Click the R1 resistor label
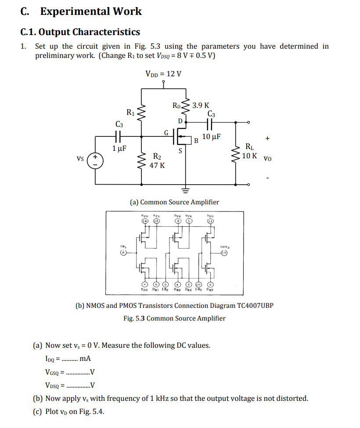pos(131,112)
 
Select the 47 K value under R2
pos(157,165)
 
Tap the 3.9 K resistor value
pos(201,105)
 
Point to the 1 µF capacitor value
pos(119,148)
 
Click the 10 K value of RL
pos(250,155)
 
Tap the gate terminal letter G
pos(166,132)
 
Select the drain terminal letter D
pos(180,121)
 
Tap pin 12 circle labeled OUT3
pos(224,253)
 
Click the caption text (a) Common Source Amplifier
pos(174,202)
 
